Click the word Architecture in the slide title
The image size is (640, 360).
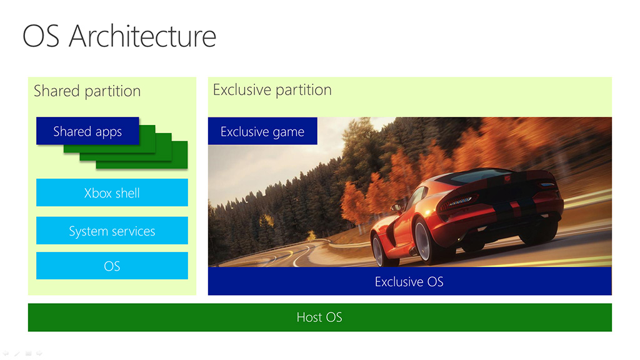(142, 36)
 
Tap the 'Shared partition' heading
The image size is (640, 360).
(87, 91)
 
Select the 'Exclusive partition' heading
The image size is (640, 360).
(272, 90)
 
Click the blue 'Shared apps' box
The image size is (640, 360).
(87, 131)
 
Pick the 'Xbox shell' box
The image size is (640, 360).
(112, 192)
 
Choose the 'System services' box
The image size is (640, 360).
(112, 231)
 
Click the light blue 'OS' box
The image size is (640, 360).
(112, 266)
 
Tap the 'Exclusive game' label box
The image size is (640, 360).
(262, 131)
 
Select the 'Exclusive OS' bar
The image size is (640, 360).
(410, 281)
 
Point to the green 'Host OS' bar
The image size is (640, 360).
(319, 317)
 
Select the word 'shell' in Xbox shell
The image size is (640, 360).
(127, 192)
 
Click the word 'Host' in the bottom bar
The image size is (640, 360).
(309, 317)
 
